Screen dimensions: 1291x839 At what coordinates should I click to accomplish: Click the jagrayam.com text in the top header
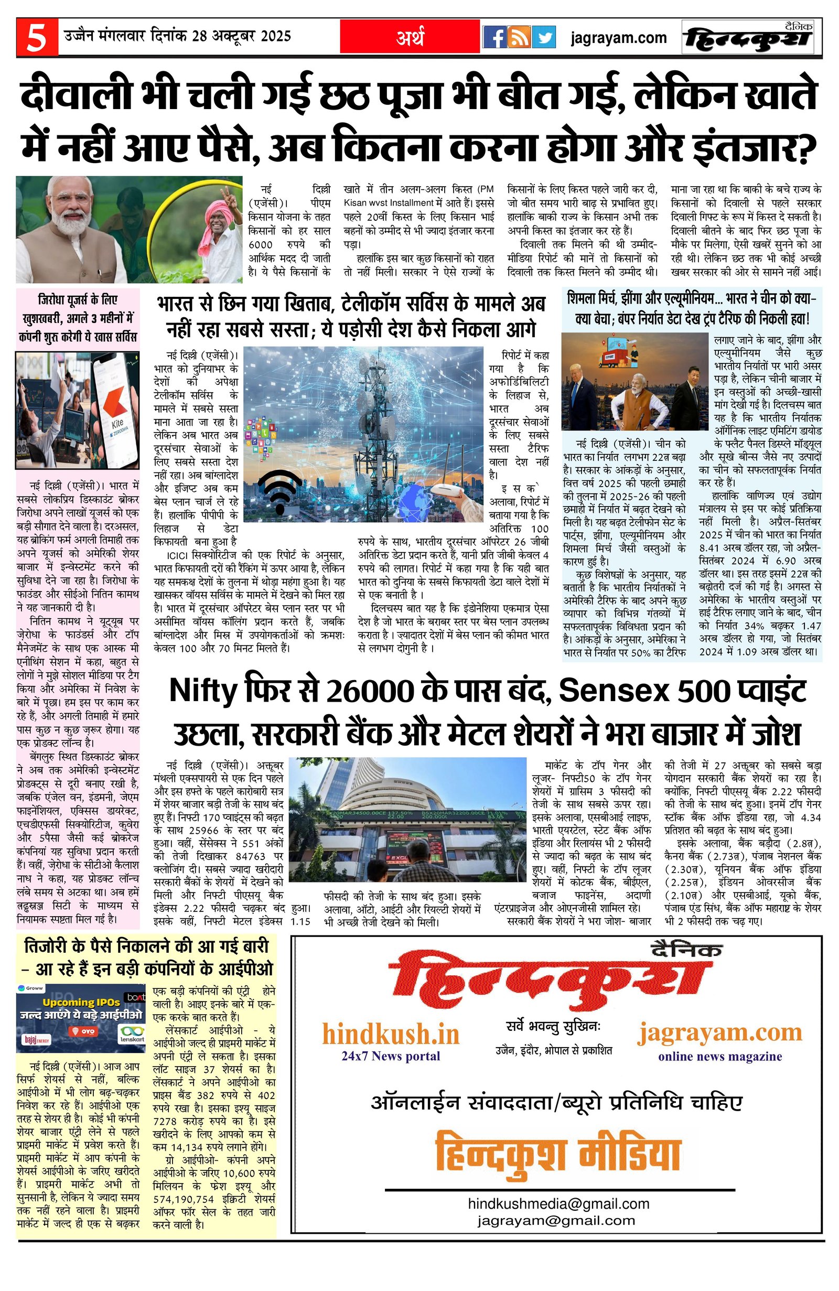(x=618, y=38)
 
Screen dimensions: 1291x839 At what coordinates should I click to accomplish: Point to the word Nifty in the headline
(x=203, y=691)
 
